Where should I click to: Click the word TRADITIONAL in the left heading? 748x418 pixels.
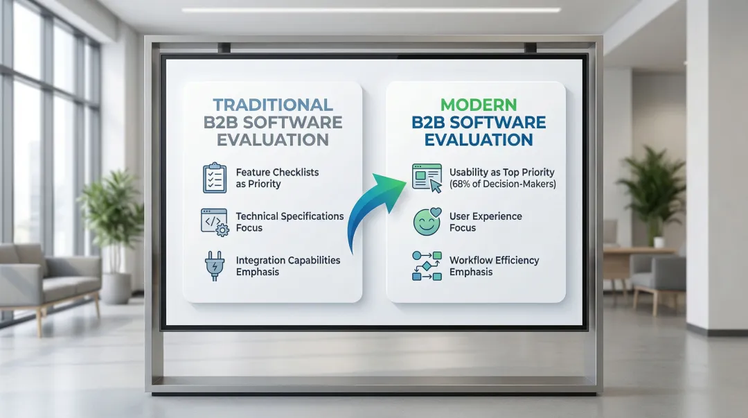pos(273,105)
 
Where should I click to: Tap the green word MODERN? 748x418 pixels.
pos(479,105)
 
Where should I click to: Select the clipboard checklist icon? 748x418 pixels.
pos(215,177)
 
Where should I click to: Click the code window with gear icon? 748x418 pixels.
pos(215,222)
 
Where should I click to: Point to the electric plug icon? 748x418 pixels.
pos(215,265)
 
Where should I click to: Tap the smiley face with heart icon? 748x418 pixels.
pos(427,222)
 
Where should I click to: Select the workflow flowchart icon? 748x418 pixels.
pos(427,265)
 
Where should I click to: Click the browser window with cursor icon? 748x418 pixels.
pos(427,178)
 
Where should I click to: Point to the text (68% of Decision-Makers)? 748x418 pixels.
pos(503,184)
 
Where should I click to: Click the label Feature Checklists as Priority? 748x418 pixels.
pos(277,177)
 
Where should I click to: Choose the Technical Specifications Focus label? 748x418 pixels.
pos(290,222)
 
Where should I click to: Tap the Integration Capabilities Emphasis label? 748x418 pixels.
pos(288,265)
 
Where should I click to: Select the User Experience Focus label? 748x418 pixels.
pos(486,222)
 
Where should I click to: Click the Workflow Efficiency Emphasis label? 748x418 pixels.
pos(495,265)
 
